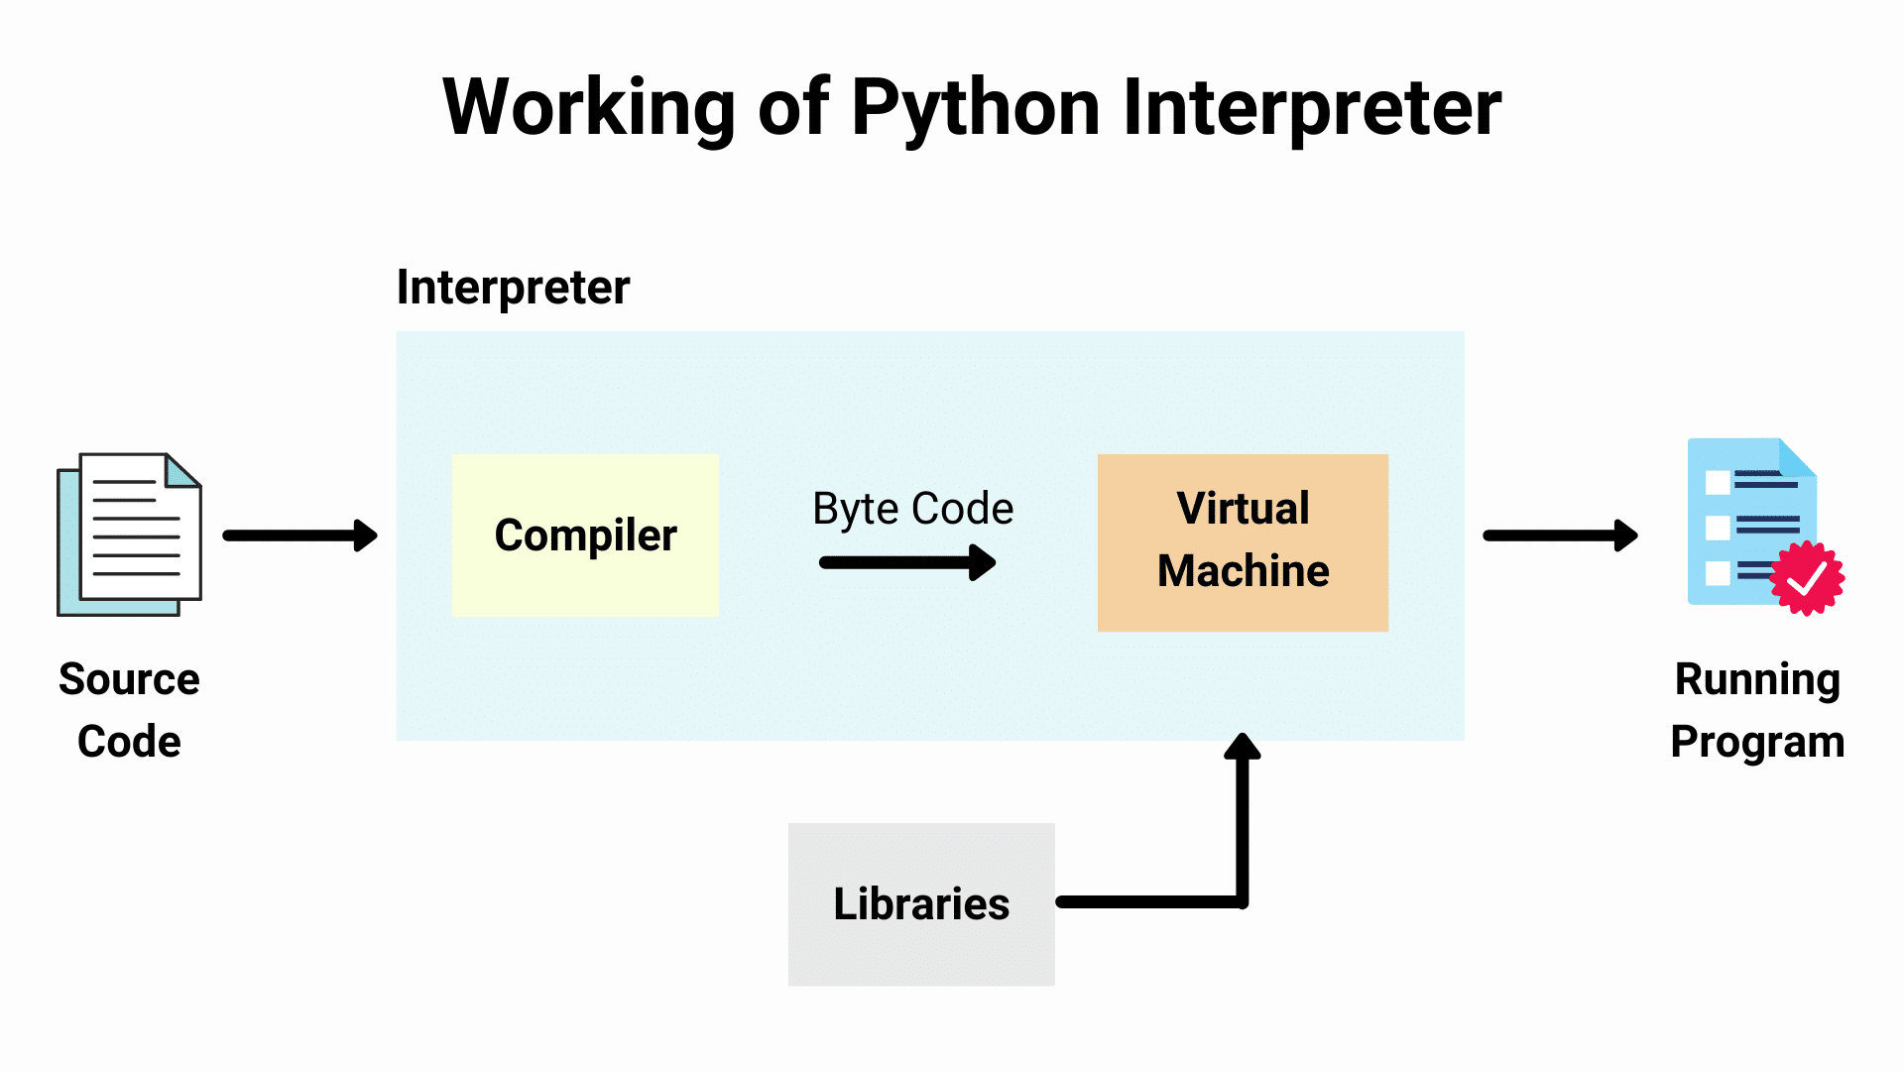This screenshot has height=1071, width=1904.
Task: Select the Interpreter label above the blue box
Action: pyautogui.click(x=513, y=288)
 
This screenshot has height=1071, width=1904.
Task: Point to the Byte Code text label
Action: pyautogui.click(x=912, y=509)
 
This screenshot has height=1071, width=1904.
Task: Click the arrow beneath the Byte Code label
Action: pyautogui.click(x=906, y=562)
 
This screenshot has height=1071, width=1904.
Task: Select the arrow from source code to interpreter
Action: pyautogui.click(x=299, y=535)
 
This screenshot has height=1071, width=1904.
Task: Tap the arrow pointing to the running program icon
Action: pyautogui.click(x=1559, y=535)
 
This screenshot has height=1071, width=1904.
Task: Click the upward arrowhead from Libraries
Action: pyautogui.click(x=1242, y=747)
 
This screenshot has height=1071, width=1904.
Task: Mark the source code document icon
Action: pyautogui.click(x=129, y=535)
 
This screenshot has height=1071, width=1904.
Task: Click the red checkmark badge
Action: pyautogui.click(x=1807, y=578)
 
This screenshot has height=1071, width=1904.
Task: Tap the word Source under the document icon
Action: pyautogui.click(x=129, y=680)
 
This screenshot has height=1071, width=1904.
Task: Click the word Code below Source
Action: pyautogui.click(x=129, y=742)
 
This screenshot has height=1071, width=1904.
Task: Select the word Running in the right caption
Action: pyautogui.click(x=1757, y=680)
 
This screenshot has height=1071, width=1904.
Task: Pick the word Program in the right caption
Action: pyautogui.click(x=1757, y=742)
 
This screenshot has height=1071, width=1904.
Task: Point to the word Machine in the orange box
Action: pyautogui.click(x=1243, y=571)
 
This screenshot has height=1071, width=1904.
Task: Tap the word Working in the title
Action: pyautogui.click(x=589, y=107)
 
